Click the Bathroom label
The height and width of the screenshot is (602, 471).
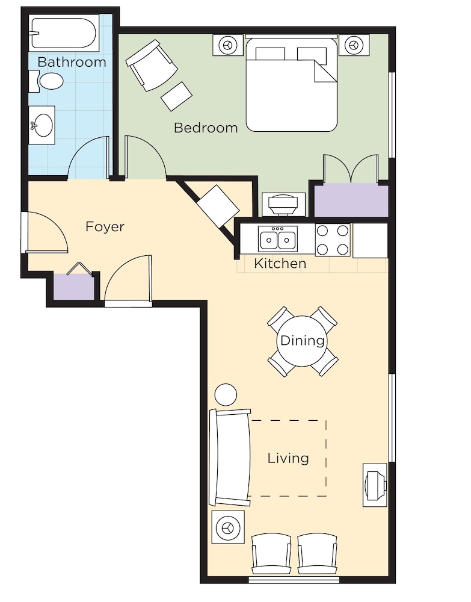72,62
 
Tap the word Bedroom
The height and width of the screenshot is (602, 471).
206,128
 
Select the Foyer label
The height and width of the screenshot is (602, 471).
105,226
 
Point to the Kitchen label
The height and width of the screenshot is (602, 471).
280,264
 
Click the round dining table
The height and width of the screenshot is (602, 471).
302,341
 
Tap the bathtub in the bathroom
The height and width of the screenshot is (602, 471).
63,33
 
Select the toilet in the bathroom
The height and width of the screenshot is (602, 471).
47,81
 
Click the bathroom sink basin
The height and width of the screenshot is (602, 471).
42,125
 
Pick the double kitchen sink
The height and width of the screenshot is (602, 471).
278,239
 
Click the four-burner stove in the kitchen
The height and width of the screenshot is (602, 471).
333,240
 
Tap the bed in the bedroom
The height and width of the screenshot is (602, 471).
292,84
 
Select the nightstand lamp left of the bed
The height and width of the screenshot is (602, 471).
228,45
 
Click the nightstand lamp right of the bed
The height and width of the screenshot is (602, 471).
354,45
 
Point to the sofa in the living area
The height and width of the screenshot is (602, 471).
230,458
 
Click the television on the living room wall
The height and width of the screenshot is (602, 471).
375,485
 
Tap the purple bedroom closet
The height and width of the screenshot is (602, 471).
351,200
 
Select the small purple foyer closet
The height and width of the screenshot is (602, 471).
73,287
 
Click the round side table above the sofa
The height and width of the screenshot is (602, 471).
226,395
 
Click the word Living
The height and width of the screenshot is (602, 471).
288,458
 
